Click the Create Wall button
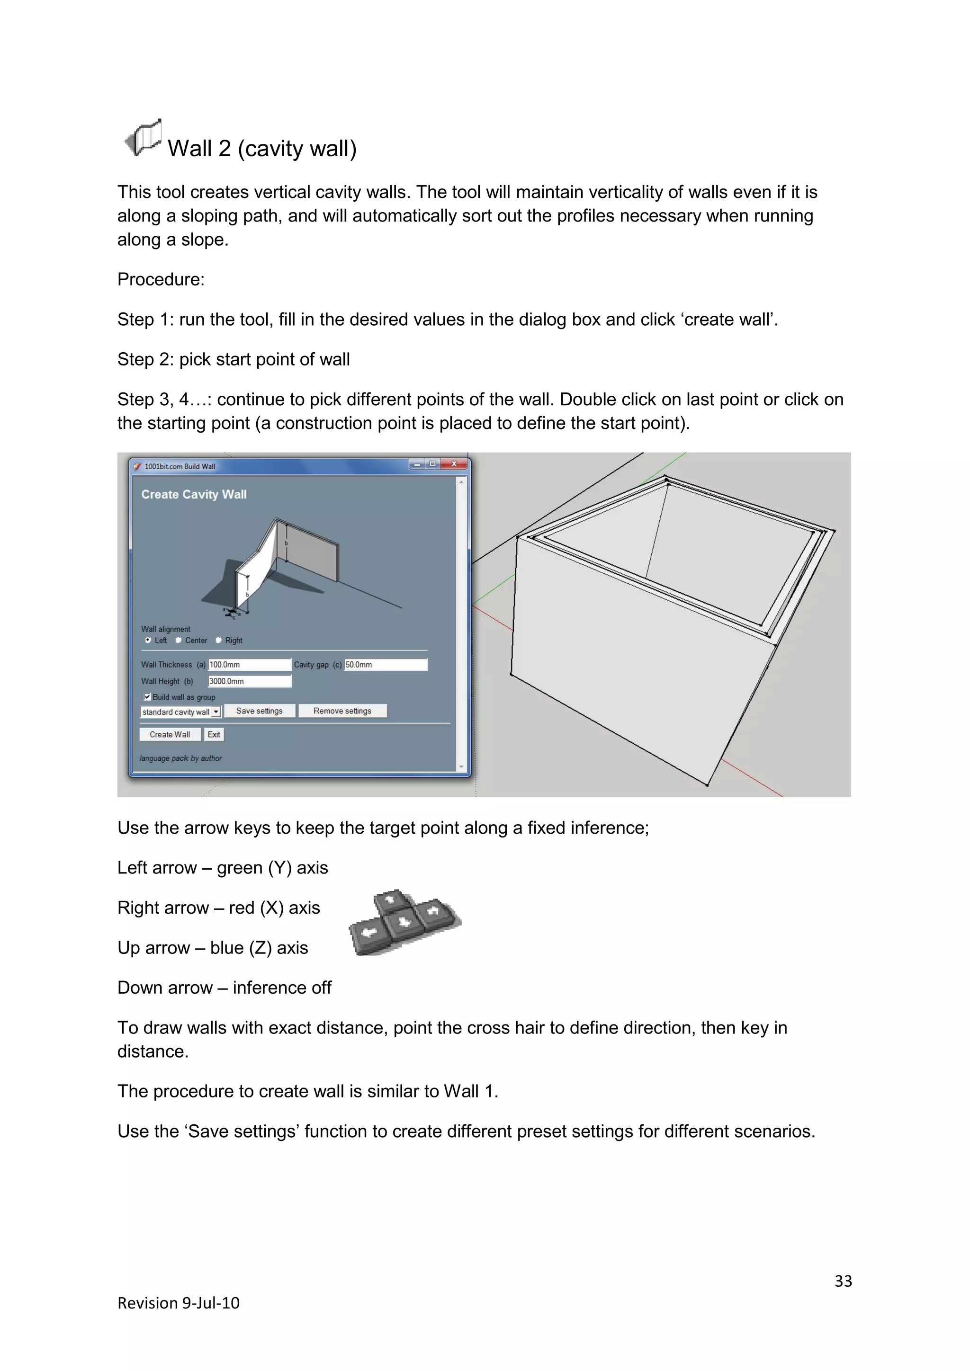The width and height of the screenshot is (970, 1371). tap(170, 734)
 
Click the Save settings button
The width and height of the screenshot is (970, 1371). tap(259, 711)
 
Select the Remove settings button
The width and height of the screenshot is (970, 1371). tap(342, 711)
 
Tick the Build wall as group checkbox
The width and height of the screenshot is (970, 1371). tap(147, 697)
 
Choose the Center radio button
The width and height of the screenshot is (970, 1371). tap(179, 640)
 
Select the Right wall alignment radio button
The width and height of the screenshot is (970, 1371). tap(219, 640)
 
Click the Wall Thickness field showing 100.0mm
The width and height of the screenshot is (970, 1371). tap(249, 665)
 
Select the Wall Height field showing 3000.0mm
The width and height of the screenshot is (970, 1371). tap(249, 681)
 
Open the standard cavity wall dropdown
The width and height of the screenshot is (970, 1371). tap(216, 712)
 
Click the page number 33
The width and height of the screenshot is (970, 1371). tap(843, 1281)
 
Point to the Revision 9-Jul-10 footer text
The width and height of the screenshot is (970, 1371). tap(178, 1303)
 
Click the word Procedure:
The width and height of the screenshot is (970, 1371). tap(161, 279)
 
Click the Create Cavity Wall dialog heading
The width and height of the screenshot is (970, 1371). tap(194, 494)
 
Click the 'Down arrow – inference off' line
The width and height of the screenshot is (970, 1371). tap(224, 988)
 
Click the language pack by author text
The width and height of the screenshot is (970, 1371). tap(180, 758)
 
